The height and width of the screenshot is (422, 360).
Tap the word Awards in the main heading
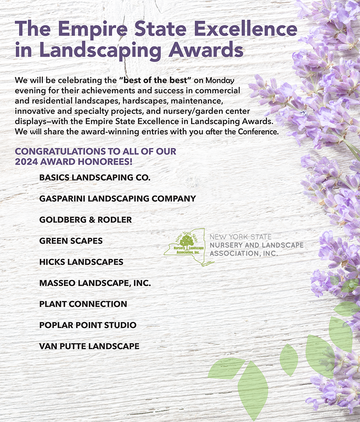click(x=203, y=49)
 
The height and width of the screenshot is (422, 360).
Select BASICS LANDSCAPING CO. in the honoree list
click(x=94, y=177)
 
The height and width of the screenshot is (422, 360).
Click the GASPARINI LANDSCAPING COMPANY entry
click(x=117, y=198)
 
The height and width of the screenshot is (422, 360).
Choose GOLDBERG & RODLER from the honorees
click(x=85, y=220)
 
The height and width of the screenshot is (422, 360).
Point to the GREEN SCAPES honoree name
click(x=71, y=241)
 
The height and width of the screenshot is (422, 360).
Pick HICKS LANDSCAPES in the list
click(x=81, y=262)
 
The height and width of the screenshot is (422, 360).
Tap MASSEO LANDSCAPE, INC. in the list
click(x=94, y=283)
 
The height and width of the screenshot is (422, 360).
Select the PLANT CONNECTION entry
click(x=83, y=304)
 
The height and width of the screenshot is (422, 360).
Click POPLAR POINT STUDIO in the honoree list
click(x=88, y=325)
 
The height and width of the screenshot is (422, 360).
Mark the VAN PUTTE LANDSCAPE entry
click(x=89, y=346)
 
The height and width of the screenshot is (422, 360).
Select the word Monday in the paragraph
click(x=220, y=81)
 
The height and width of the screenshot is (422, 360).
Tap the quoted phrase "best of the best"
click(x=156, y=81)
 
